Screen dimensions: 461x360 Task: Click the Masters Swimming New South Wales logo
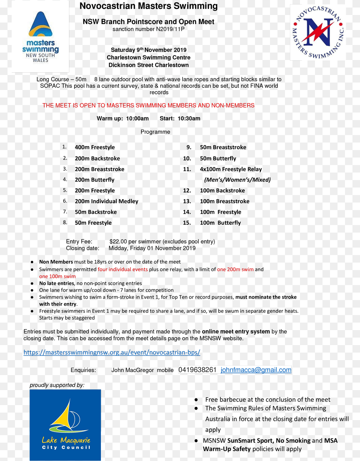[40, 36]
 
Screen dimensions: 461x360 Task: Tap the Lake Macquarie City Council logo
[65, 425]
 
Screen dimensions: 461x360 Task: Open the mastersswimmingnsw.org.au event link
[112, 352]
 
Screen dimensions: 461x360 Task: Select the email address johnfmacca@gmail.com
[256, 370]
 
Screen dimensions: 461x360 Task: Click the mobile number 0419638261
[197, 370]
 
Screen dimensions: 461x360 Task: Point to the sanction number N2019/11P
[170, 29]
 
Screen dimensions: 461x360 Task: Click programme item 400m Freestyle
[94, 147]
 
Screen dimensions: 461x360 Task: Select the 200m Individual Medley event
[106, 201]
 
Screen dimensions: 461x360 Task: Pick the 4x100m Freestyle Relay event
[231, 169]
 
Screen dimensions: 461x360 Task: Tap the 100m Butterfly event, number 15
[220, 223]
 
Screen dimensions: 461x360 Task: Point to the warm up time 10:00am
[137, 119]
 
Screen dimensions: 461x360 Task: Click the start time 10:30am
[189, 119]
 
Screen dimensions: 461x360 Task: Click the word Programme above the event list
[155, 132]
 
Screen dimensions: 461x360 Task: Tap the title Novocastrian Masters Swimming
[148, 6]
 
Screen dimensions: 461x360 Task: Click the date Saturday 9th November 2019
[148, 50]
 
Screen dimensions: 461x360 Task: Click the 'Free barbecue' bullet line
[267, 399]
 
